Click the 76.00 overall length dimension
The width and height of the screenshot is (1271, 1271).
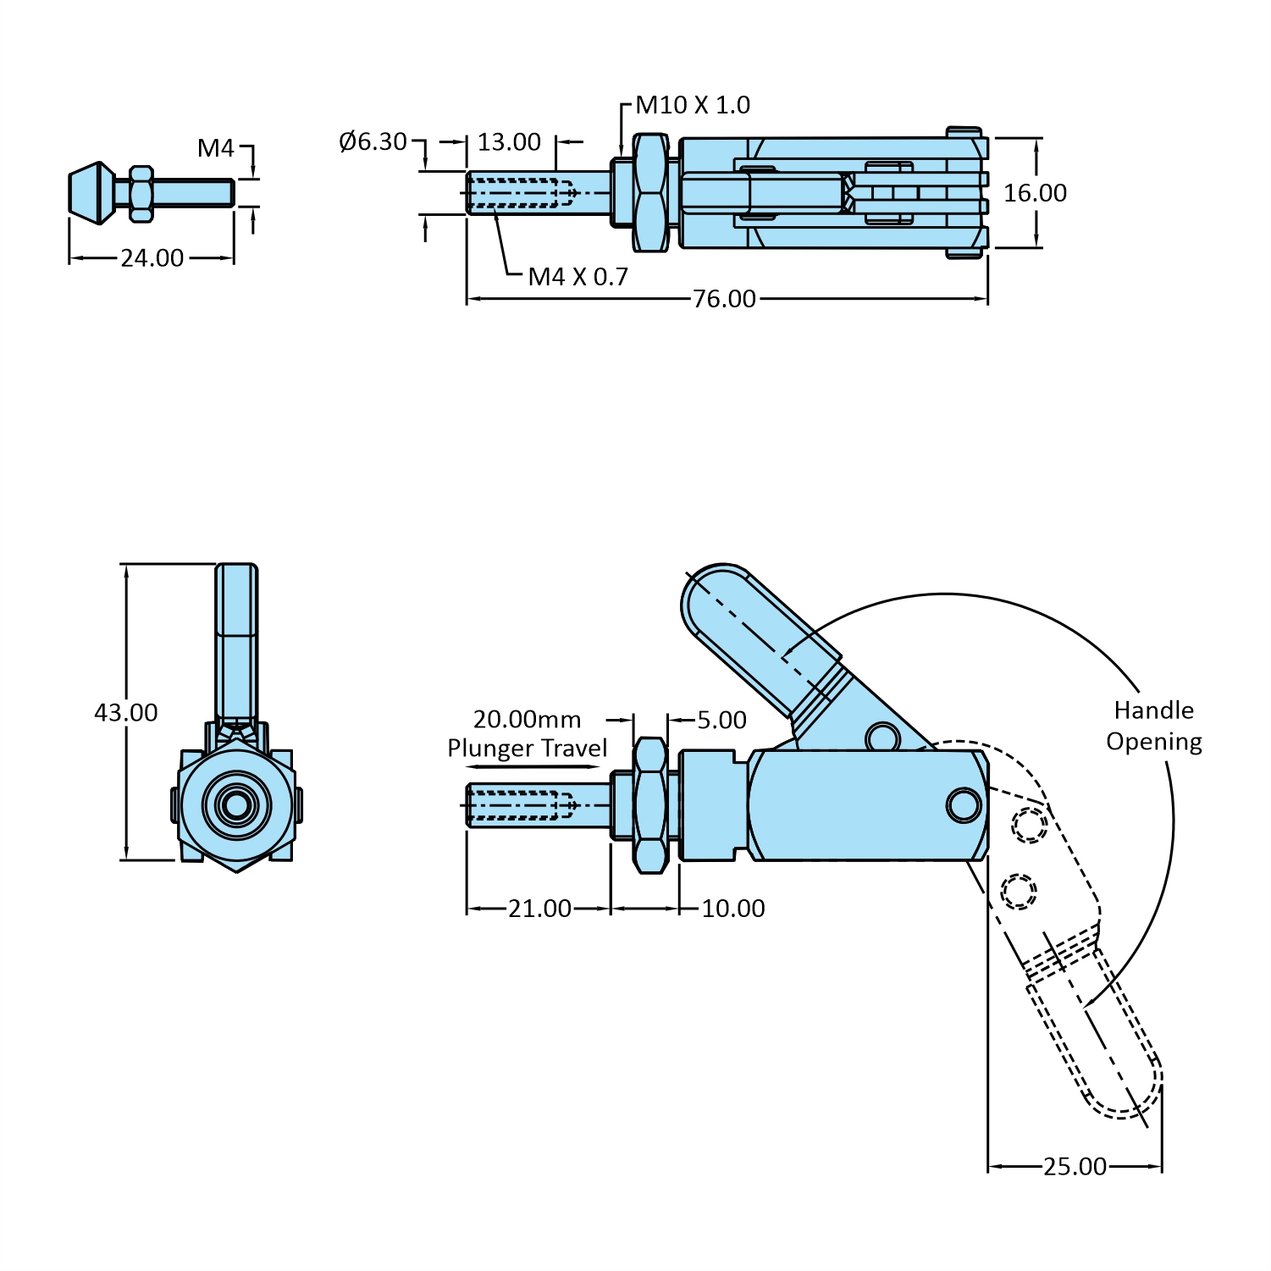click(724, 299)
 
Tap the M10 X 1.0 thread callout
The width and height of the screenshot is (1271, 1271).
click(693, 105)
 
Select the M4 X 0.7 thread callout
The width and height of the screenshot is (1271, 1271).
click(577, 277)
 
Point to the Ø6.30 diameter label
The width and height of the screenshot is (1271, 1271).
click(373, 141)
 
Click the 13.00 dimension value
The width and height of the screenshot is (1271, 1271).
click(509, 142)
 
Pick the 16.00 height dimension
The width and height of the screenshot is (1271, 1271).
click(1035, 193)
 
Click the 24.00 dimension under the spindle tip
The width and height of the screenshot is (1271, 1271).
click(152, 258)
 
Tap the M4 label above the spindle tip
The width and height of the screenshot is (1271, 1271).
click(215, 148)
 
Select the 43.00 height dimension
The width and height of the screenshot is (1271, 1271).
click(125, 712)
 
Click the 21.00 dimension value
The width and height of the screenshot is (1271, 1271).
click(539, 909)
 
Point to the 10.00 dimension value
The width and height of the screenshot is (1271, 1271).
click(733, 909)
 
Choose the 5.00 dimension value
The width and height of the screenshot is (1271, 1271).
click(721, 720)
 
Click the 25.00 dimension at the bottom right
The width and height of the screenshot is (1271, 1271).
click(1075, 1167)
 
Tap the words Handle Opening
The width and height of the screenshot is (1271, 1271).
click(1153, 726)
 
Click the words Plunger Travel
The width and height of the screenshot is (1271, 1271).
click(527, 749)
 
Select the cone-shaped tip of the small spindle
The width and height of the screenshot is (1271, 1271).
click(91, 193)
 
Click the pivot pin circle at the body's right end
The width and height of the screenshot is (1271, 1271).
click(964, 804)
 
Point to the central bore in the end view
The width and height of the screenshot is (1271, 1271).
click(237, 804)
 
